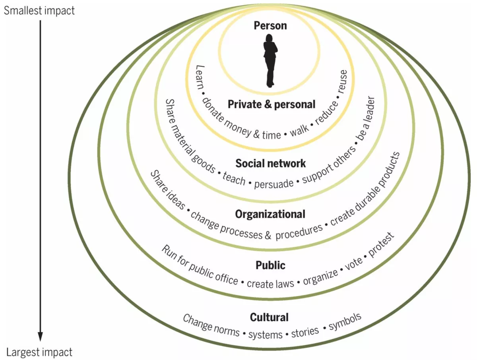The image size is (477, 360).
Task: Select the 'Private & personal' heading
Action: pyautogui.click(x=271, y=105)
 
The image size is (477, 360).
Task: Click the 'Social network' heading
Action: pyautogui.click(x=271, y=163)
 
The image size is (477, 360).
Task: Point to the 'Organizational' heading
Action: pyautogui.click(x=270, y=214)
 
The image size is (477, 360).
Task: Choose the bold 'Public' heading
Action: pyautogui.click(x=271, y=265)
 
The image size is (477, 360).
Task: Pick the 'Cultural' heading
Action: pyautogui.click(x=270, y=317)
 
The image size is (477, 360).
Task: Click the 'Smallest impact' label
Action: pyautogui.click(x=39, y=11)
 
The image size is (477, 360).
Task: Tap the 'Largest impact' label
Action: pyautogui.click(x=39, y=352)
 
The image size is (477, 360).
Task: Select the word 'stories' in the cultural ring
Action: pyautogui.click(x=305, y=332)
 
